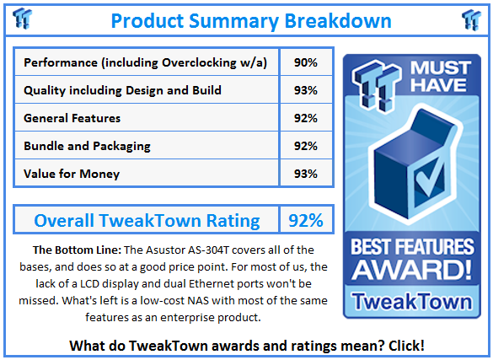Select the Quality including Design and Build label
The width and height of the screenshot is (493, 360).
click(x=123, y=90)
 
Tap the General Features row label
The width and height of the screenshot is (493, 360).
click(x=72, y=118)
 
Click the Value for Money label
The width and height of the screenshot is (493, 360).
click(x=72, y=174)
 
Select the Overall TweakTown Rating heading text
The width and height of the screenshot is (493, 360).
click(x=147, y=221)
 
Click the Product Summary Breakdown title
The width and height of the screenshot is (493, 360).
click(x=250, y=19)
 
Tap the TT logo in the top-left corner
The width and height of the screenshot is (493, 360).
click(x=24, y=18)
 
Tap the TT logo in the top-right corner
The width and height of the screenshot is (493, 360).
click(x=471, y=18)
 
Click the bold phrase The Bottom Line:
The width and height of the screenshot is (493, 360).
click(x=78, y=250)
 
